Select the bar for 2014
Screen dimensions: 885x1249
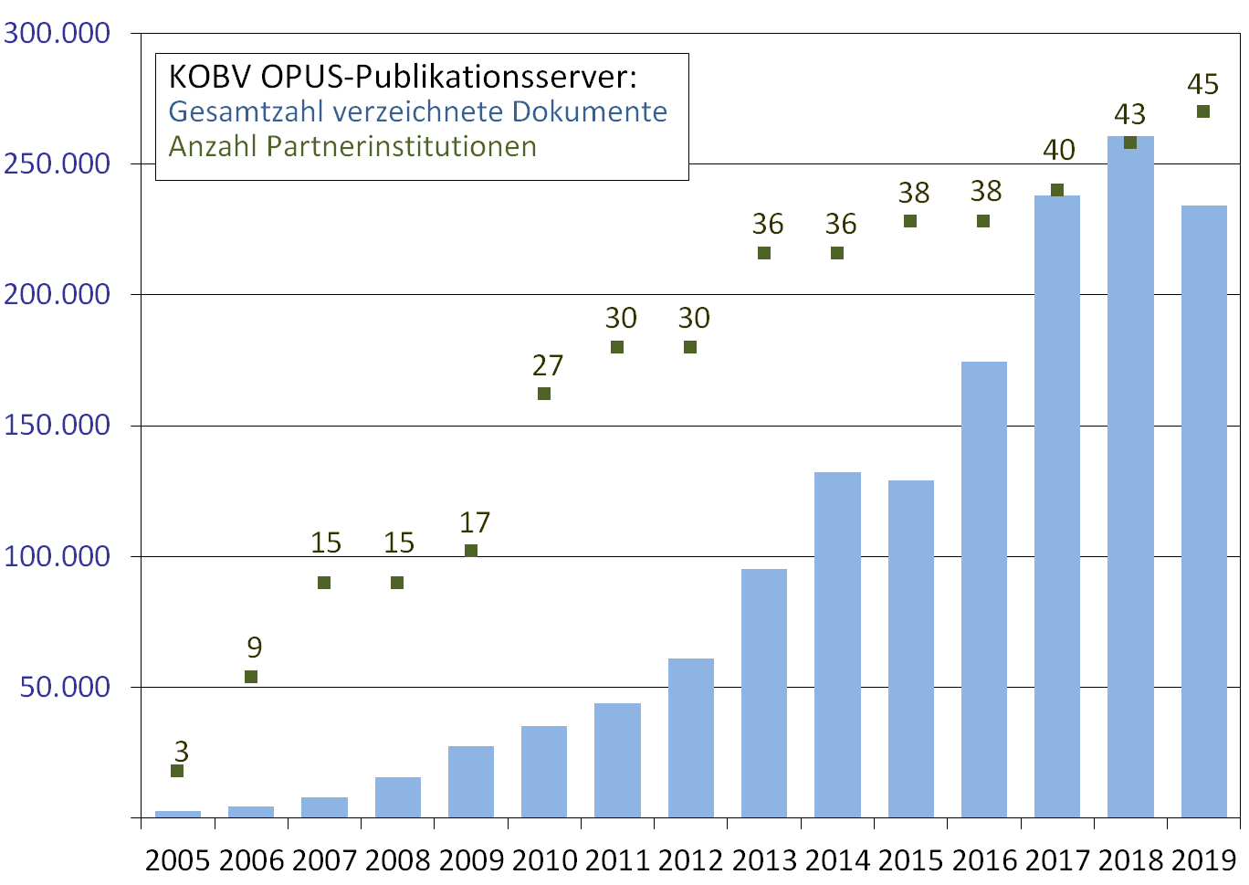click(837, 645)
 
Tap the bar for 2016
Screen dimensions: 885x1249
click(984, 589)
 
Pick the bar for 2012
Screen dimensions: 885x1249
click(691, 738)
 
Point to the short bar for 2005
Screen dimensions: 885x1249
click(178, 814)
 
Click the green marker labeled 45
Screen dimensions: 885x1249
click(1203, 111)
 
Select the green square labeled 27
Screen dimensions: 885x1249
click(544, 394)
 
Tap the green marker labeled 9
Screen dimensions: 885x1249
click(251, 677)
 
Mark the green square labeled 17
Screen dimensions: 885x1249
click(471, 551)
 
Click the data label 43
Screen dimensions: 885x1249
click(1129, 114)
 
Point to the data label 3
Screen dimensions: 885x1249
click(182, 751)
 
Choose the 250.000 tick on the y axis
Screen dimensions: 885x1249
click(57, 164)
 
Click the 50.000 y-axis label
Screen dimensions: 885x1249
click(65, 687)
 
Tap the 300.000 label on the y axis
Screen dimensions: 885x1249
click(57, 34)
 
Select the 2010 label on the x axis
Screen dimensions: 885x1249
click(544, 860)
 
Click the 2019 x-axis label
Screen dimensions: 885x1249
click(1203, 860)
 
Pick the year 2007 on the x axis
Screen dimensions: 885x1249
click(324, 860)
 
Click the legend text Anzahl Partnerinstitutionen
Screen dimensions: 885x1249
click(352, 147)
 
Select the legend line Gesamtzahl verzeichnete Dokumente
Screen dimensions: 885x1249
click(418, 111)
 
